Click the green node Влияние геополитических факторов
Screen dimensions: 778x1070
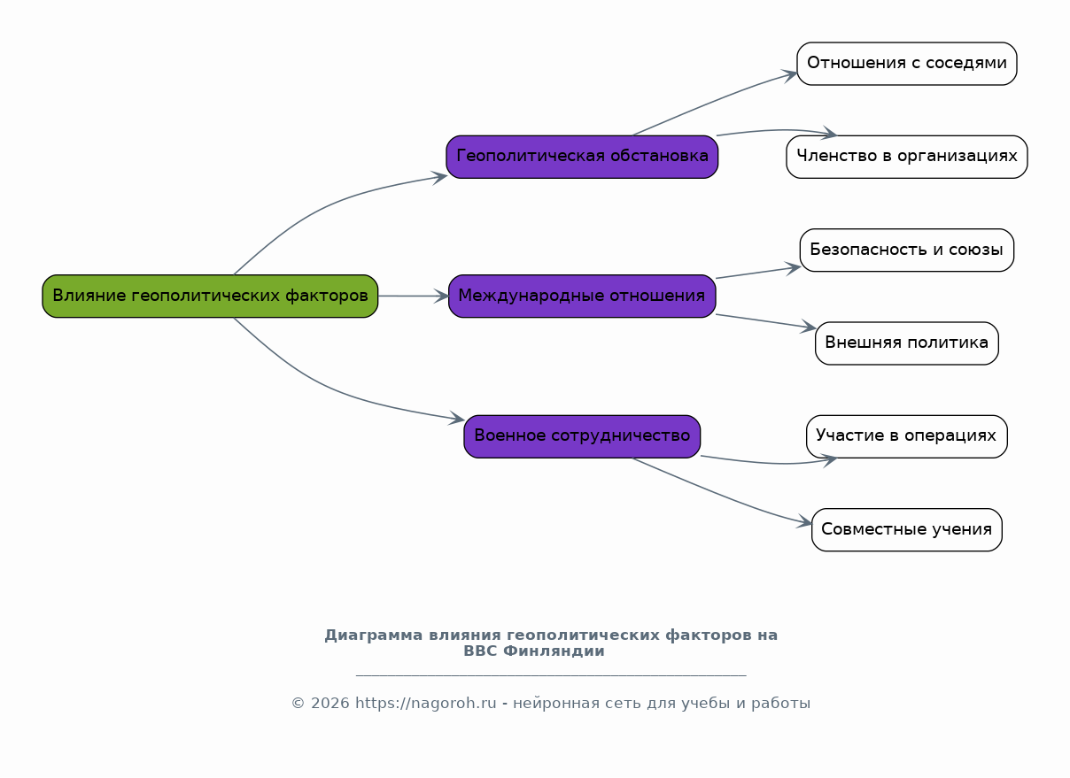pyautogui.click(x=210, y=296)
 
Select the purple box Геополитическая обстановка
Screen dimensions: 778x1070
pyautogui.click(x=582, y=157)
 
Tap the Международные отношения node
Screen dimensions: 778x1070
pyautogui.click(x=582, y=296)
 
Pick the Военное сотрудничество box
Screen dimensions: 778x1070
pyautogui.click(x=582, y=435)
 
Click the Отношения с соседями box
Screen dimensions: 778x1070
pyautogui.click(x=907, y=64)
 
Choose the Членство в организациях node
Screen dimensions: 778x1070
pyautogui.click(x=907, y=157)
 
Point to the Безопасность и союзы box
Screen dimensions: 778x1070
pyautogui.click(x=907, y=250)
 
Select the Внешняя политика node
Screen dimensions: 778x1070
pyautogui.click(x=907, y=343)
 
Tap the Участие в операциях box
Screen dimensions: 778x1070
pyautogui.click(x=907, y=435)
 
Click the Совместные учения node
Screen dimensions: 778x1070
pyautogui.click(x=907, y=529)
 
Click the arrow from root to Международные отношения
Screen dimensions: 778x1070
pyautogui.click(x=413, y=296)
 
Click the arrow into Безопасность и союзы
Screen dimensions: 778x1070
pyautogui.click(x=758, y=273)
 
